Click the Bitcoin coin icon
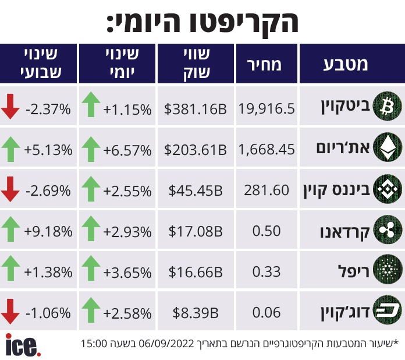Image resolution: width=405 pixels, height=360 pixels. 388,106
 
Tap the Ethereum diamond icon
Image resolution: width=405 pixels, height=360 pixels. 388,147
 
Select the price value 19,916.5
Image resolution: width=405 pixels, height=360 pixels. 267,108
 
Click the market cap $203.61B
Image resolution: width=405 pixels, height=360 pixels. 196,150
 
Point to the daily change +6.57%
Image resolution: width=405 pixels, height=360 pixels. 127,150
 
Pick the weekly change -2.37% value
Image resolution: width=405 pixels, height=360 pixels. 48,110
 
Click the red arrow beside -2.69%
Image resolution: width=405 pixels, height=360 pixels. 10,189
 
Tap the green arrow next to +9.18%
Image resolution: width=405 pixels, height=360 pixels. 10,229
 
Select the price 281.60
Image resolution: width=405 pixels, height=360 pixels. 267,190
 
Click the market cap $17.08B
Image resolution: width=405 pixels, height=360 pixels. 196,231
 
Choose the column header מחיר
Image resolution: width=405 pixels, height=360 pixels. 264,65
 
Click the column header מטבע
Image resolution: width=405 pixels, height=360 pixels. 346,64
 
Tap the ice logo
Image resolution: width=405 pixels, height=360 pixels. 23,345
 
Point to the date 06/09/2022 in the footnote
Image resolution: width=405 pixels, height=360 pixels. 166,344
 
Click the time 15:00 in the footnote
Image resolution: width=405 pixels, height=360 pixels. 94,344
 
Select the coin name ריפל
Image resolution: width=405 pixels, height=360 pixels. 354,271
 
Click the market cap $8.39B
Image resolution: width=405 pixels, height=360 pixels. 196,313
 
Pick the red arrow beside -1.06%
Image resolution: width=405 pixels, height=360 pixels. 10,312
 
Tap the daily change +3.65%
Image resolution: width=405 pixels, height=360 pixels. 127,273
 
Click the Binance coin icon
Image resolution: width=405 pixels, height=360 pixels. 388,189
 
